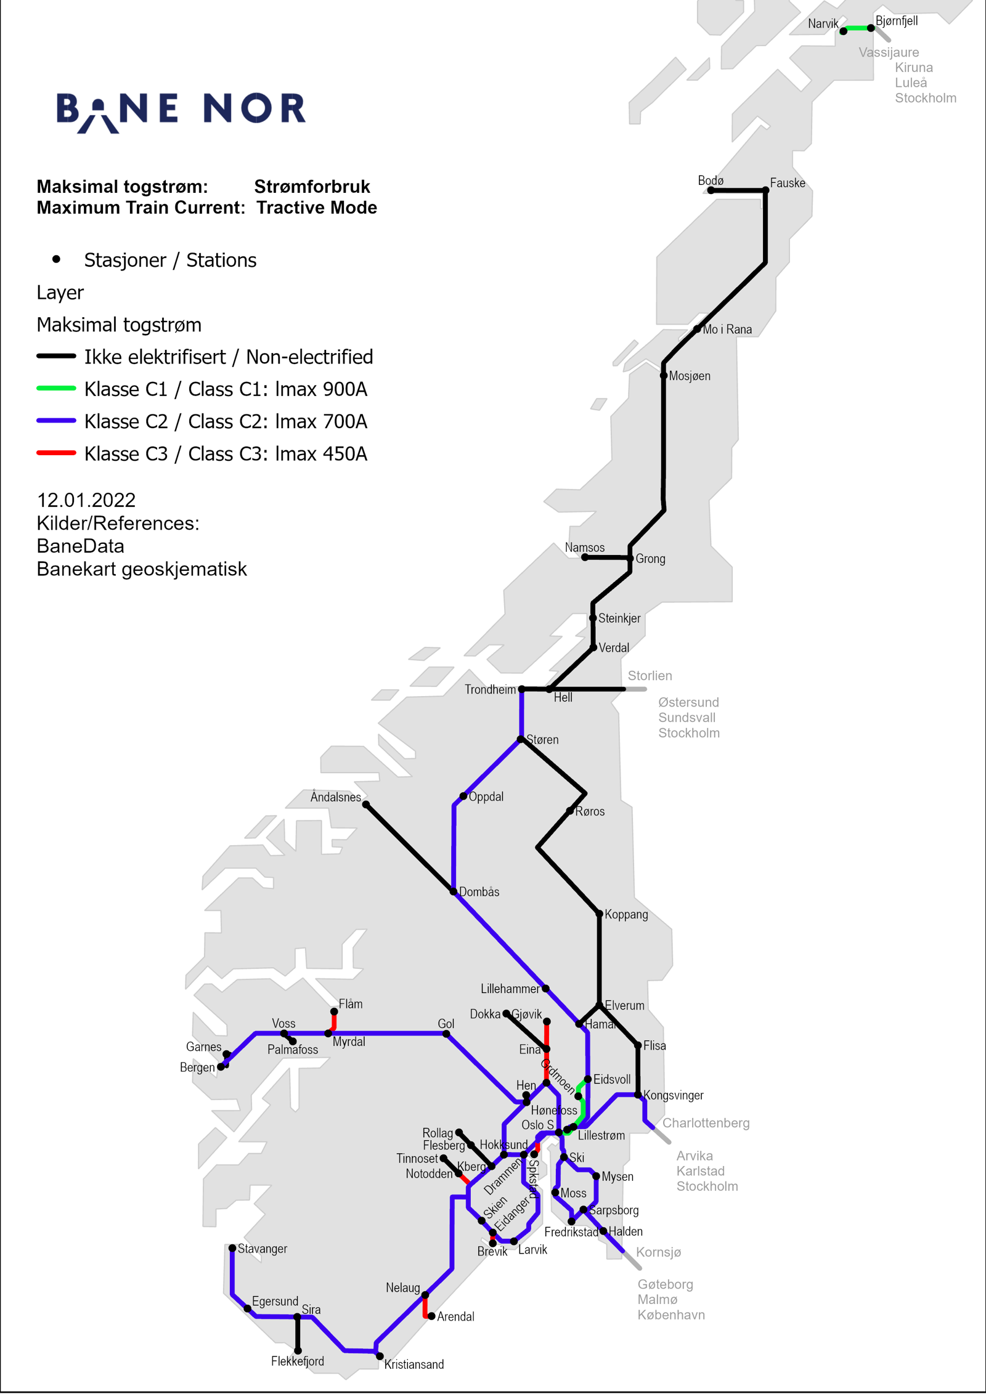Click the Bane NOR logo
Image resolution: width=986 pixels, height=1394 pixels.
181,111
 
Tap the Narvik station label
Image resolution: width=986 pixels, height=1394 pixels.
823,23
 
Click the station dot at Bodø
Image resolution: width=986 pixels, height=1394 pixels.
711,190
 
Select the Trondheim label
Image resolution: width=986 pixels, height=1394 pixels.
490,689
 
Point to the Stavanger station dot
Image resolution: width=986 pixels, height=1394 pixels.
232,1248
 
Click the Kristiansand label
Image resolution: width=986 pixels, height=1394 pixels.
414,1364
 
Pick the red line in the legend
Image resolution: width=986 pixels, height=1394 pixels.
56,453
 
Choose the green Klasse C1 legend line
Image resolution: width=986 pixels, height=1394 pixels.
56,388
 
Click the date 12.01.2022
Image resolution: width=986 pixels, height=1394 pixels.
86,500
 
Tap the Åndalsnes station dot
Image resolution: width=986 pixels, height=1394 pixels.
365,804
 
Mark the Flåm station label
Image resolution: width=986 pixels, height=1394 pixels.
351,1003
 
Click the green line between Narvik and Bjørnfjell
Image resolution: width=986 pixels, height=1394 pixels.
857,28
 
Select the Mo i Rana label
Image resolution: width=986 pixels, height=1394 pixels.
727,330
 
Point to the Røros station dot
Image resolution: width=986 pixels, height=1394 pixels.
570,811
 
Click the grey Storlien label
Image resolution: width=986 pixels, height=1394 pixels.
650,676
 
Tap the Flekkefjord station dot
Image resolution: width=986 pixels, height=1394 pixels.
298,1351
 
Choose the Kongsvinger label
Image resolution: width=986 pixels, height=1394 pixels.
673,1095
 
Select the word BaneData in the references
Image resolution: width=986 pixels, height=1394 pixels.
80,546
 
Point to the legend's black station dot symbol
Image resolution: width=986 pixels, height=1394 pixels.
56,259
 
